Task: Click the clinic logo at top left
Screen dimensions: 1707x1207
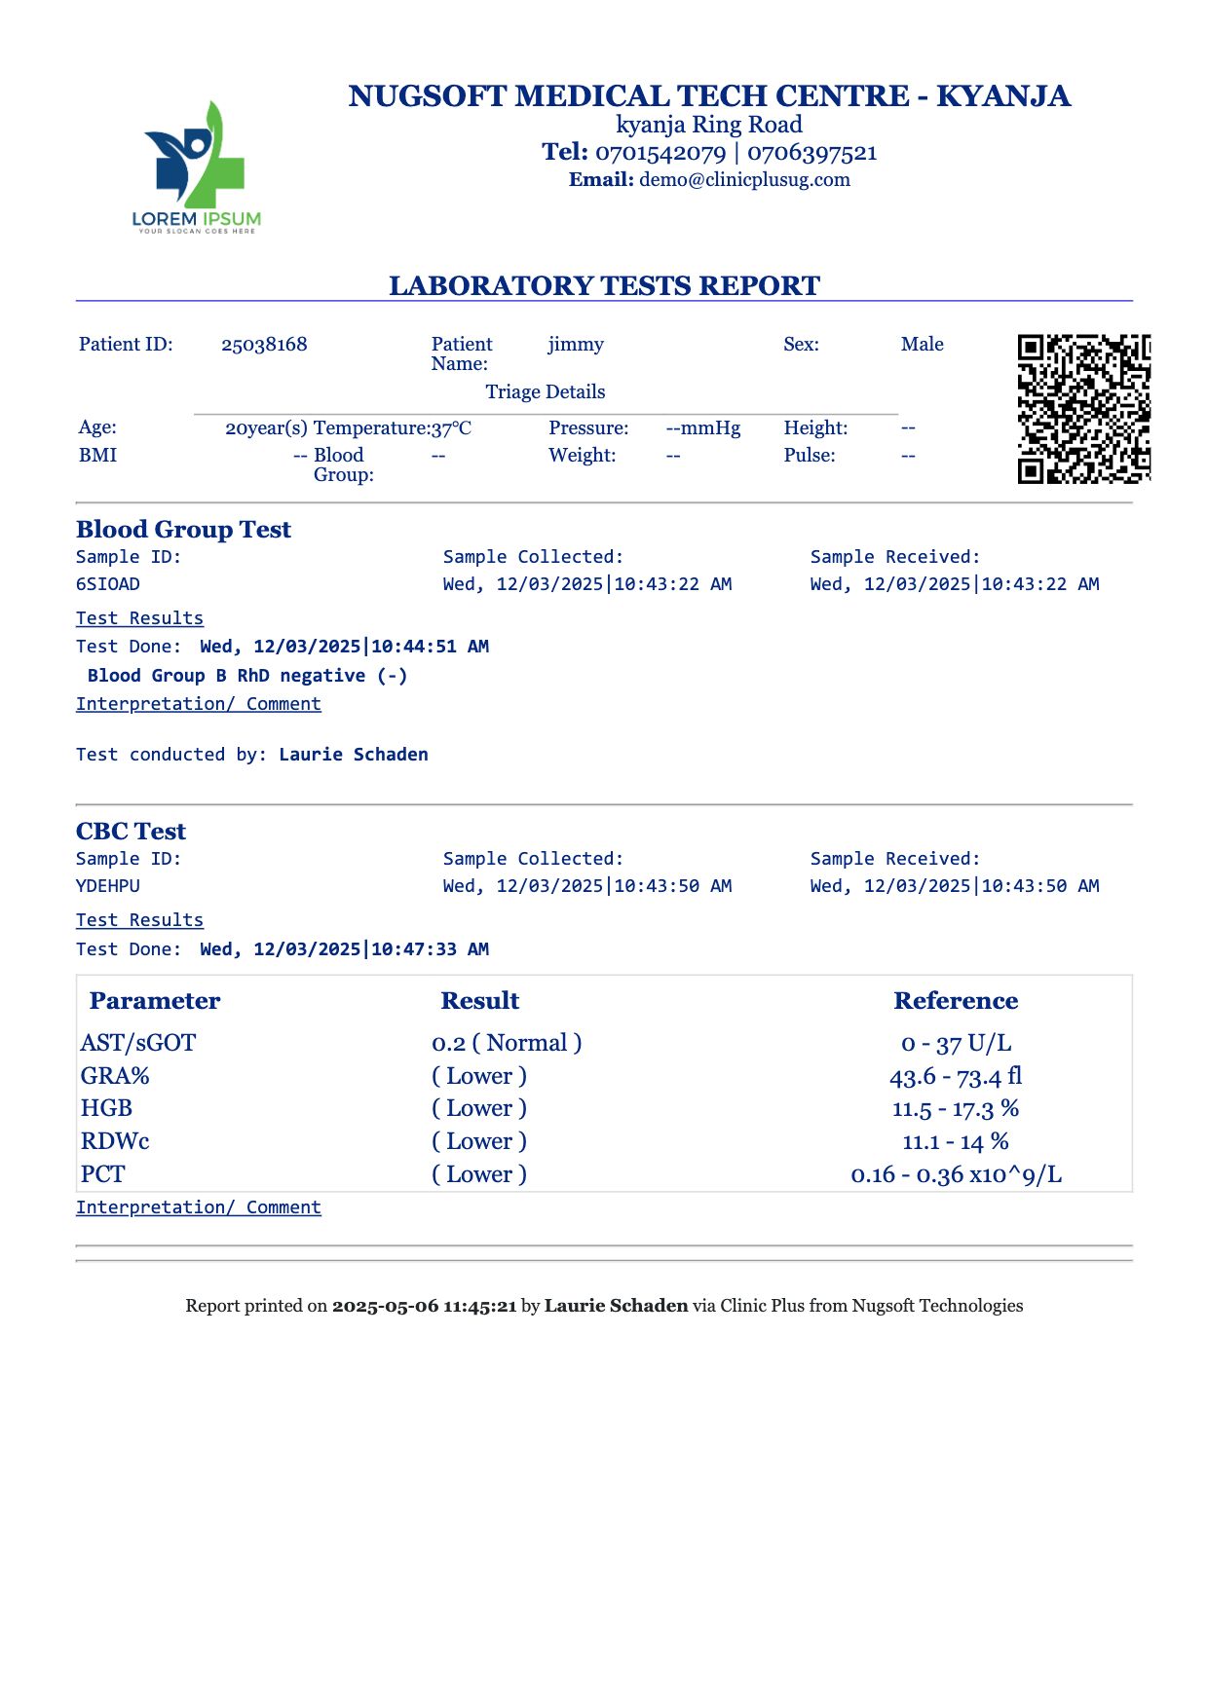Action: click(197, 167)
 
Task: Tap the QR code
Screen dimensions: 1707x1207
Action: click(1083, 408)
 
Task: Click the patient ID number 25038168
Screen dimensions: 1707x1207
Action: click(264, 345)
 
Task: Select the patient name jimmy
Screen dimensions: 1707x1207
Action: click(576, 345)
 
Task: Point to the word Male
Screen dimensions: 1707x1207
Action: click(922, 345)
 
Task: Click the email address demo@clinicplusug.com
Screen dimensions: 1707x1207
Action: click(744, 180)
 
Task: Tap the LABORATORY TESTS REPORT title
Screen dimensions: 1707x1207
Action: click(604, 285)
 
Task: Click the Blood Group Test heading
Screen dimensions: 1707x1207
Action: click(183, 530)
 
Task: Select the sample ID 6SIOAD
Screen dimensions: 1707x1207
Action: click(108, 584)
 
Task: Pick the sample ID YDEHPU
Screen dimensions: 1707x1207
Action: click(108, 886)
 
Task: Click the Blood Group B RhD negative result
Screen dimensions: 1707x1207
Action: click(247, 676)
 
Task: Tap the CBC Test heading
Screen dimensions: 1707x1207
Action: click(131, 832)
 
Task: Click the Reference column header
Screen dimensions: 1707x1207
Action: click(956, 1001)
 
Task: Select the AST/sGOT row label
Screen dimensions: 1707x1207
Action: click(138, 1043)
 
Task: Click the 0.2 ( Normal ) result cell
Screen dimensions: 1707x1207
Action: click(507, 1043)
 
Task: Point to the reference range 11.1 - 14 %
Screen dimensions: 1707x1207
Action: click(956, 1141)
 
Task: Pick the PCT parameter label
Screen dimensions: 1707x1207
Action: click(103, 1174)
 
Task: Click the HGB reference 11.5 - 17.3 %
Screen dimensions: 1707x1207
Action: click(956, 1109)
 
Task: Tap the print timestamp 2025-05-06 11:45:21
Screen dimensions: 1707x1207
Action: click(424, 1306)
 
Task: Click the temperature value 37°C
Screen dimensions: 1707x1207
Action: click(452, 428)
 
